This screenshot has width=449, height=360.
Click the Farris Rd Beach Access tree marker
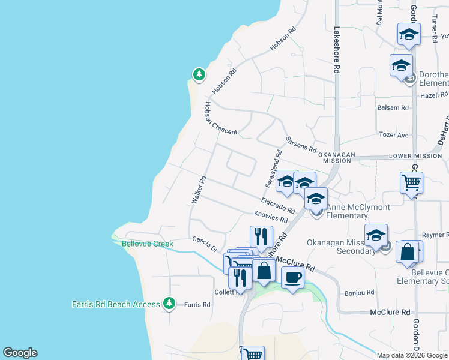(x=170, y=304)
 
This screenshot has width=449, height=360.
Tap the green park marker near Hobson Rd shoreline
(x=199, y=74)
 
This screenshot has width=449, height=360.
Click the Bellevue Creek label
(x=147, y=244)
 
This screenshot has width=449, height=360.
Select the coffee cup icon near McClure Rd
(x=292, y=278)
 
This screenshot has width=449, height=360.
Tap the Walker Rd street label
(x=199, y=191)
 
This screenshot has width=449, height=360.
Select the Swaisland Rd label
(x=273, y=168)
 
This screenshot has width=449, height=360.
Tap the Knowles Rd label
(x=271, y=217)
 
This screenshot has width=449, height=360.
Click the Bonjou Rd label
(x=360, y=293)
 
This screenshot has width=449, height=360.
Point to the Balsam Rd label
(x=393, y=108)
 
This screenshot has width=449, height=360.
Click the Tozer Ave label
(x=393, y=135)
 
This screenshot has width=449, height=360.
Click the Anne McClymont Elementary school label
(x=358, y=211)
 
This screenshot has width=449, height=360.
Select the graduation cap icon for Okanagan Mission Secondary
(x=376, y=235)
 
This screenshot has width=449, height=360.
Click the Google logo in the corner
(x=20, y=353)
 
